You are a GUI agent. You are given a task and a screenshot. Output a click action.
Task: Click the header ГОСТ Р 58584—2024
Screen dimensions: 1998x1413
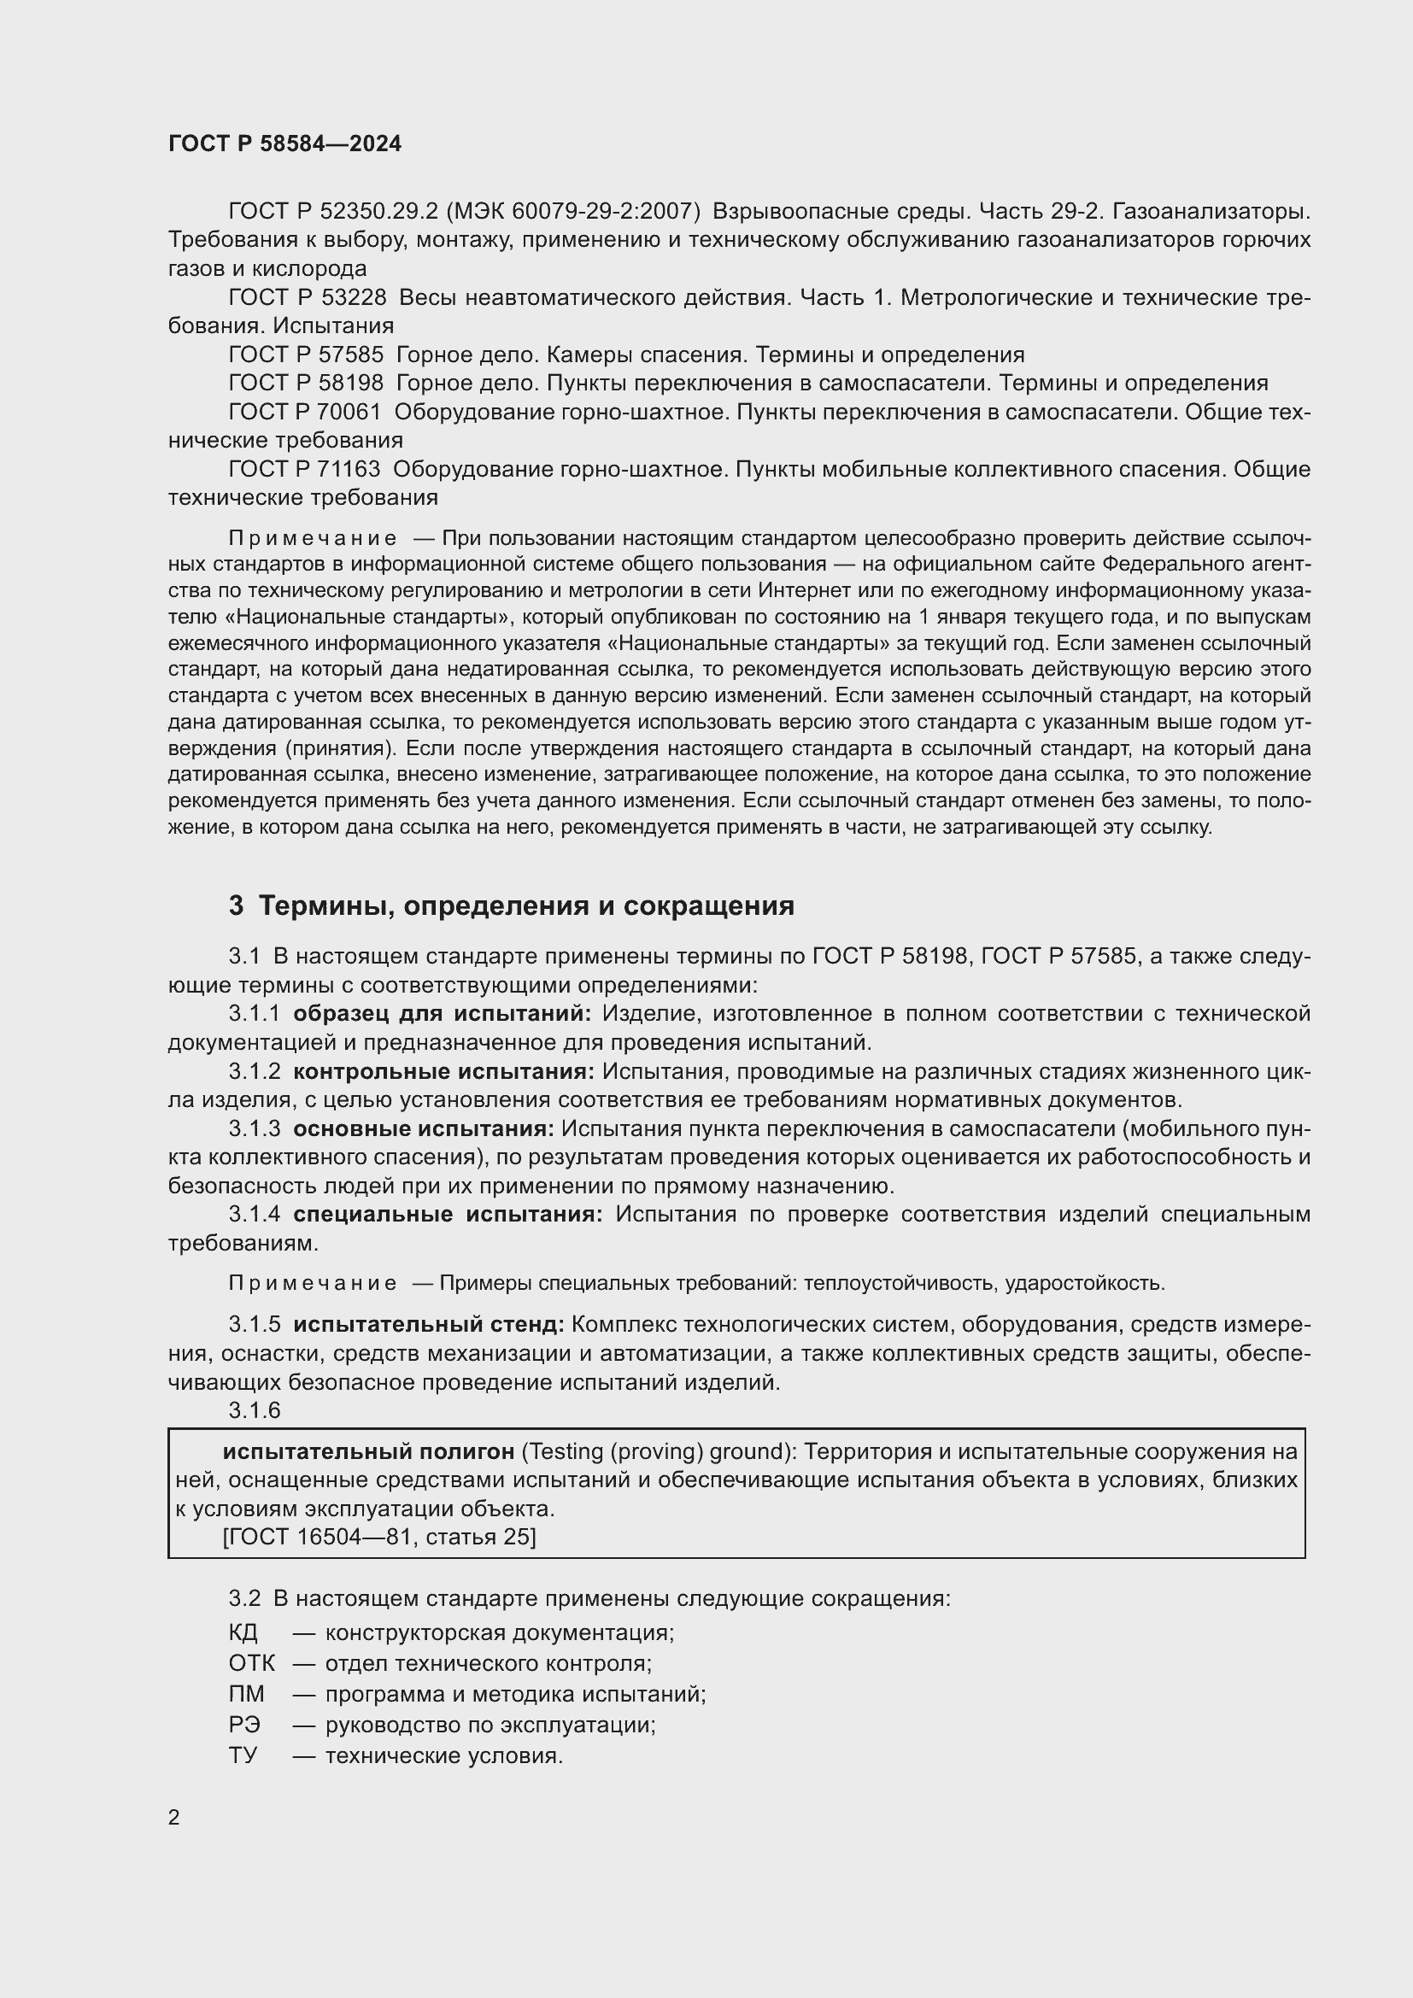click(x=284, y=144)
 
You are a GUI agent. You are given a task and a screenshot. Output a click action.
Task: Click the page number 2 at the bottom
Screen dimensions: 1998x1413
click(x=174, y=1817)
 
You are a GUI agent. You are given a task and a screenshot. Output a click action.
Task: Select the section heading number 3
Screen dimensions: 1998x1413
click(x=236, y=905)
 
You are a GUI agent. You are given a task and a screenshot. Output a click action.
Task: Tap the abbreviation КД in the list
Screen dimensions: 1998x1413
click(x=243, y=1632)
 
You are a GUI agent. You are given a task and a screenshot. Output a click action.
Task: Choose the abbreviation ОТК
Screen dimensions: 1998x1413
click(x=251, y=1663)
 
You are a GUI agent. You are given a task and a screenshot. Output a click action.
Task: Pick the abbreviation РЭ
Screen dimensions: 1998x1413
click(x=244, y=1724)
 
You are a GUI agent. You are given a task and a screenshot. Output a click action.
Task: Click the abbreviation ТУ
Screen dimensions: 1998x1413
click(x=243, y=1755)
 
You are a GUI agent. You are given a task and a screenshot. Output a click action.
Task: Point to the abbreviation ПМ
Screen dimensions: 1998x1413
click(x=246, y=1693)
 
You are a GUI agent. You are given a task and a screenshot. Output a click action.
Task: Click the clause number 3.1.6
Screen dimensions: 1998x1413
click(x=254, y=1410)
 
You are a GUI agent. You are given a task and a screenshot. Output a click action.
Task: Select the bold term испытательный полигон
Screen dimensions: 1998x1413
click(x=368, y=1451)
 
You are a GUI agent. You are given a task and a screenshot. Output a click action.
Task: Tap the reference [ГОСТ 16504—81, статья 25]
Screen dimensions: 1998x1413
click(x=379, y=1537)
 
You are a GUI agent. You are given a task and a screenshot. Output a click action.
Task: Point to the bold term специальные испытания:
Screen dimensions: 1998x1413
click(x=447, y=1214)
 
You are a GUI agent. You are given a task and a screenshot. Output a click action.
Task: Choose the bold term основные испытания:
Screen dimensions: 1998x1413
click(x=423, y=1128)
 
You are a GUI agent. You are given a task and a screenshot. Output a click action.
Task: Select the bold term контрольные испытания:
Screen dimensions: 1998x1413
click(x=443, y=1071)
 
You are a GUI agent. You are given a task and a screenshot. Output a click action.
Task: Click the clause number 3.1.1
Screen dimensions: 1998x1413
click(x=254, y=1014)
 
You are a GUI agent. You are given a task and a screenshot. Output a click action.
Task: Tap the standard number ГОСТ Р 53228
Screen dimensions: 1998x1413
click(x=308, y=297)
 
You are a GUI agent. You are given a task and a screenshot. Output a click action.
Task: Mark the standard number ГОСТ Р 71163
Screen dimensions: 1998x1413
click(x=304, y=469)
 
